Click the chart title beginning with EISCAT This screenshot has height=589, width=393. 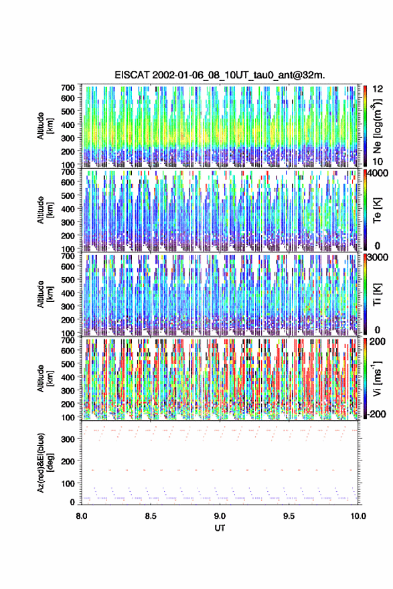click(x=220, y=75)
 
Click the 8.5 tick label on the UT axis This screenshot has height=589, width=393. click(x=151, y=516)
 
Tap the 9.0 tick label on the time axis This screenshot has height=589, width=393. click(x=220, y=516)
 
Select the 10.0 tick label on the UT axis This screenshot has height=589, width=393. click(x=358, y=516)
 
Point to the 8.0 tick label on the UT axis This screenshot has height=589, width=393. click(x=82, y=516)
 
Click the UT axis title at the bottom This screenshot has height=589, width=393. click(x=220, y=528)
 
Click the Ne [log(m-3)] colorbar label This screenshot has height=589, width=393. click(x=377, y=125)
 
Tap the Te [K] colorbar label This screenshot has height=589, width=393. click(x=377, y=211)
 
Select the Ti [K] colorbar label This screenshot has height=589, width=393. click(x=377, y=294)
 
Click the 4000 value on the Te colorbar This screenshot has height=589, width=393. click(x=378, y=173)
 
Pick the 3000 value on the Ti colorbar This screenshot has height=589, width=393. click(x=378, y=257)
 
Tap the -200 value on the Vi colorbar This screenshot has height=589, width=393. click(x=377, y=414)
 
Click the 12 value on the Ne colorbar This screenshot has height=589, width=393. click(x=378, y=89)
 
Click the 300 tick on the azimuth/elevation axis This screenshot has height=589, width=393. click(x=68, y=439)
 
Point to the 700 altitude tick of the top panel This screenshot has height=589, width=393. click(x=68, y=88)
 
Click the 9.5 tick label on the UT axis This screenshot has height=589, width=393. click(x=289, y=516)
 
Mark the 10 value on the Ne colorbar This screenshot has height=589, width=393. click(x=378, y=161)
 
